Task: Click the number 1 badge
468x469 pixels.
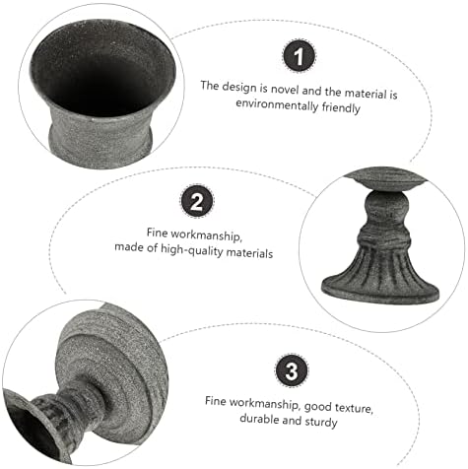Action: pyautogui.click(x=299, y=55)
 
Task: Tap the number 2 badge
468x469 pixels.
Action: pyautogui.click(x=197, y=201)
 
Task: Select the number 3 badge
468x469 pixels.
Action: pyautogui.click(x=292, y=370)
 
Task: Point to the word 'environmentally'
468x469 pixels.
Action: pyautogui.click(x=277, y=105)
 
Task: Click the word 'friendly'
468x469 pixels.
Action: pyautogui.click(x=341, y=108)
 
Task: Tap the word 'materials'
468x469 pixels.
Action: pyautogui.click(x=249, y=253)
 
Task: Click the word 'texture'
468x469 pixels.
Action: pyautogui.click(x=355, y=408)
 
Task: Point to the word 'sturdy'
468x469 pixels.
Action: pyautogui.click(x=321, y=422)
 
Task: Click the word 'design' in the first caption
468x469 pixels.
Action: pyautogui.click(x=238, y=87)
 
